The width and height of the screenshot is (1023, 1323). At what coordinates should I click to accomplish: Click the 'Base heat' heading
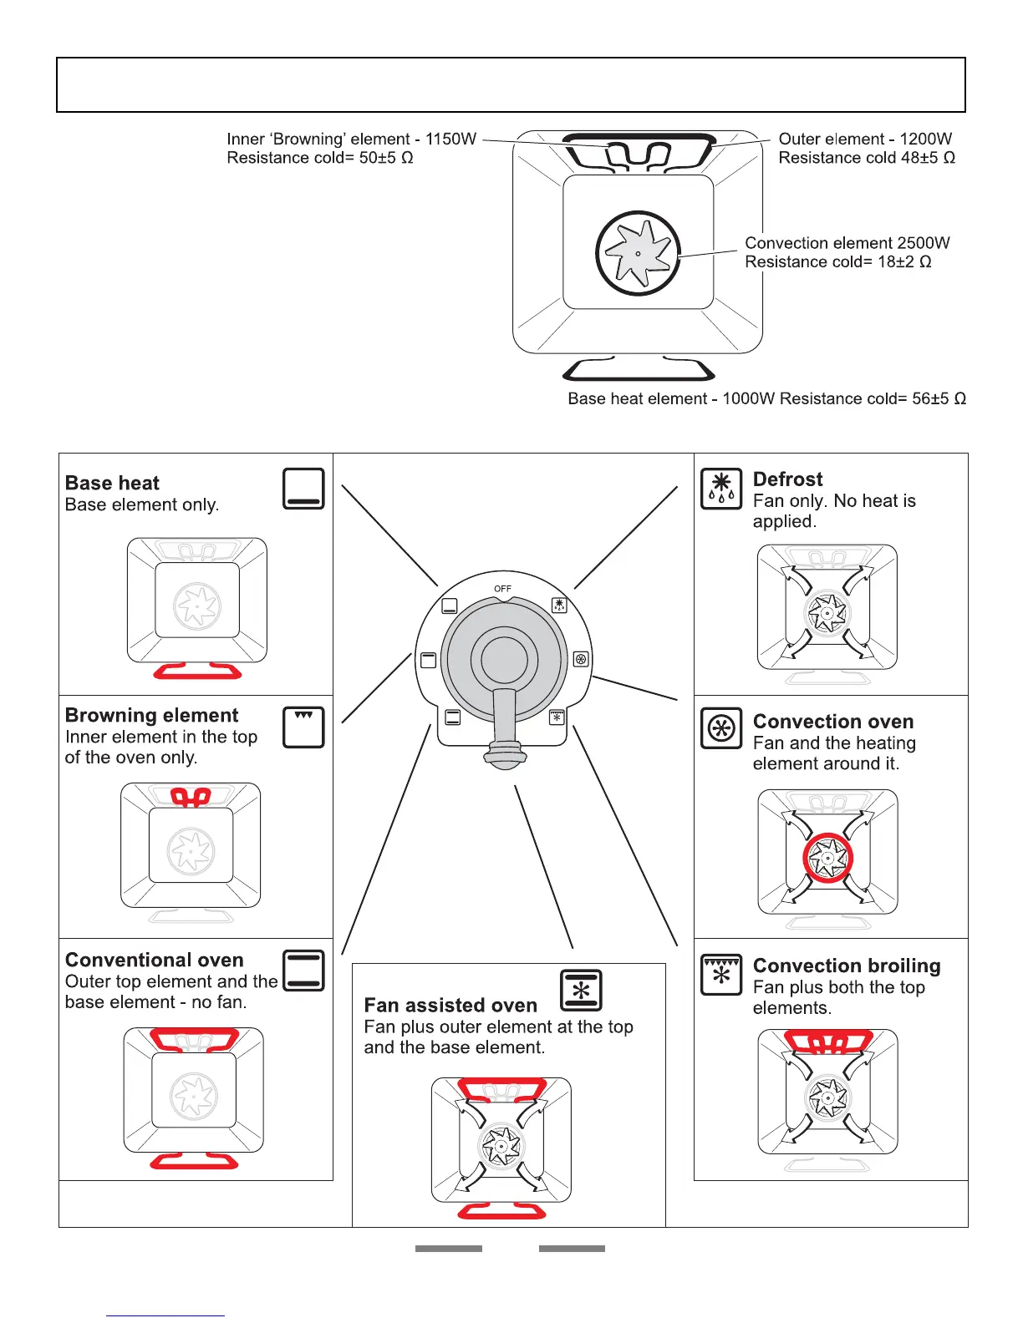(112, 483)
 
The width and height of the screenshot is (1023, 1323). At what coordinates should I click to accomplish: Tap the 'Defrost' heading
(787, 479)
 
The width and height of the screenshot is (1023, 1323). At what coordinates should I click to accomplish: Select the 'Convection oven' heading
(832, 722)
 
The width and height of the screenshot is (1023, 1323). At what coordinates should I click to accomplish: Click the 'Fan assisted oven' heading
(450, 1006)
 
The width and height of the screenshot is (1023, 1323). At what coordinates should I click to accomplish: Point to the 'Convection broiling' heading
(847, 966)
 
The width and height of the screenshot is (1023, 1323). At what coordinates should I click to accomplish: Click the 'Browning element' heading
(151, 716)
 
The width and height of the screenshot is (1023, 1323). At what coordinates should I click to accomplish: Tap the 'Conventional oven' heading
(155, 961)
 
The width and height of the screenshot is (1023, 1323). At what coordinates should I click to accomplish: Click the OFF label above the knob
(502, 589)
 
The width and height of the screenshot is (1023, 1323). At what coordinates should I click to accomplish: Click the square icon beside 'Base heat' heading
(303, 489)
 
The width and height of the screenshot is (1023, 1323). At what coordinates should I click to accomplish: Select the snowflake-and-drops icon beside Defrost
(720, 489)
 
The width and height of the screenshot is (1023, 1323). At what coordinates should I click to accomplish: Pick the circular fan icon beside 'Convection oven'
(720, 728)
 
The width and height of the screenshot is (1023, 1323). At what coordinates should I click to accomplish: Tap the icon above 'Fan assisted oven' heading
(580, 990)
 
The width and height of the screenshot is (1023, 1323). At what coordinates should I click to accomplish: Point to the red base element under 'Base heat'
(197, 671)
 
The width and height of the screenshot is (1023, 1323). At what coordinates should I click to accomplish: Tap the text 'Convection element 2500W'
(847, 243)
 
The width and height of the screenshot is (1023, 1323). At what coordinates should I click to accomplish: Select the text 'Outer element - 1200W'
(864, 139)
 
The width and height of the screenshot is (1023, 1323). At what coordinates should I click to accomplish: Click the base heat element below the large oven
(638, 368)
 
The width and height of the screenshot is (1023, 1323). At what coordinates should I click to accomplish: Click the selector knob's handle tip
(504, 757)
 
